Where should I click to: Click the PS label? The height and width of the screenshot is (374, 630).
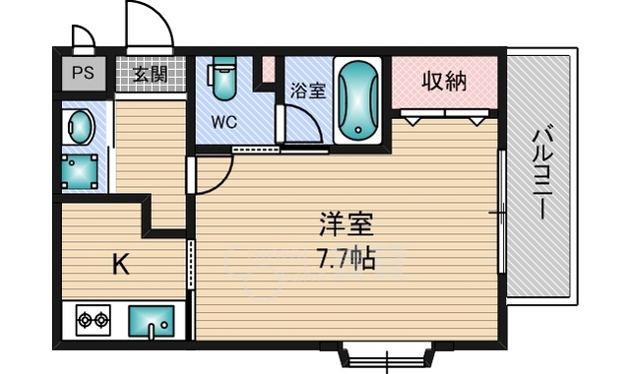(83, 73)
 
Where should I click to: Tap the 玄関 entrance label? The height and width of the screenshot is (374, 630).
(150, 74)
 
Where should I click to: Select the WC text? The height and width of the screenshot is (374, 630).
(224, 122)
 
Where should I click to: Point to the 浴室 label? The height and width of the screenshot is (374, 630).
(308, 91)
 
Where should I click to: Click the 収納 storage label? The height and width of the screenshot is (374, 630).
(444, 82)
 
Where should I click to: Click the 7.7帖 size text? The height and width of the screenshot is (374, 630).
(346, 258)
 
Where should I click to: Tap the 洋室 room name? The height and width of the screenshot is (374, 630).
(346, 224)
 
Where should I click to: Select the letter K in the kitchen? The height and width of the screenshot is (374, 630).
(120, 265)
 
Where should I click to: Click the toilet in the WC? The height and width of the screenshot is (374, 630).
(222, 78)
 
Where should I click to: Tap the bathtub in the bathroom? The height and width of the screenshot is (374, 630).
(358, 100)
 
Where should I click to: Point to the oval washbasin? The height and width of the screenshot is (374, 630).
(81, 127)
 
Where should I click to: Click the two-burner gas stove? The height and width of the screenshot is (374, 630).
(94, 320)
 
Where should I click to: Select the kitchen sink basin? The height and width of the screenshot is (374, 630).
(152, 322)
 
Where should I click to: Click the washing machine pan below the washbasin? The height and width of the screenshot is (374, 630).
(80, 172)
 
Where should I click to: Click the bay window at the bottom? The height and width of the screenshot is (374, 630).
(386, 354)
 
